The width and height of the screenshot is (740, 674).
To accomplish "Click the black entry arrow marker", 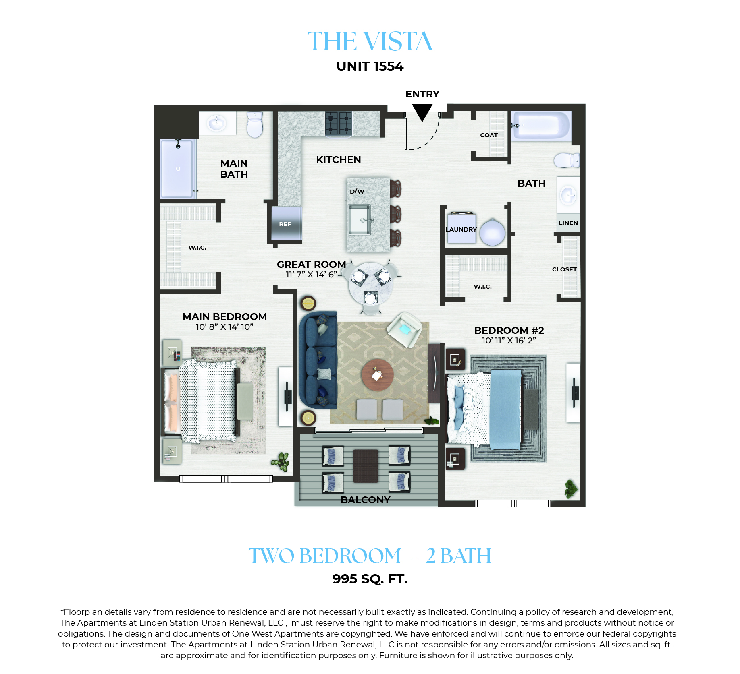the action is click(x=422, y=112).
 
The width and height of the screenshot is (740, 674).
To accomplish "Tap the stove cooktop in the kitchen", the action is click(x=339, y=123).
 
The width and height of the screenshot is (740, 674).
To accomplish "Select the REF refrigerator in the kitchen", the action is click(x=286, y=224).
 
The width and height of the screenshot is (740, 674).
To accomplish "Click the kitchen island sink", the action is click(x=360, y=220).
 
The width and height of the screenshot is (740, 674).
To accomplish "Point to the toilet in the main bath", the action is click(x=255, y=124).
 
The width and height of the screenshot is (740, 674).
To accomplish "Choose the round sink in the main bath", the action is click(x=217, y=122).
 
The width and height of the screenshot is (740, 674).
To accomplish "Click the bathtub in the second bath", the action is click(x=541, y=125).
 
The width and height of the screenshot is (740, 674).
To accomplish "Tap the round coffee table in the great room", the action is click(x=378, y=375).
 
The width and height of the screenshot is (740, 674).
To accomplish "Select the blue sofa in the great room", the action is click(x=318, y=360).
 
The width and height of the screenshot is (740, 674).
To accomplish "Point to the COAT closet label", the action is click(x=489, y=135).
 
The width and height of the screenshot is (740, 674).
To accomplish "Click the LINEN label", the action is click(x=568, y=223).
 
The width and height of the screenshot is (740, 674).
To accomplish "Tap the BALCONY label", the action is click(x=366, y=500).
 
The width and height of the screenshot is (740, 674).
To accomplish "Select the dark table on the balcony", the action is click(x=366, y=466).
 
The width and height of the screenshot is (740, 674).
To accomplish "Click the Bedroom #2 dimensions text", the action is click(x=509, y=341).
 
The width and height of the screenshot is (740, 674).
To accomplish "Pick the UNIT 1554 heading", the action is click(x=370, y=66).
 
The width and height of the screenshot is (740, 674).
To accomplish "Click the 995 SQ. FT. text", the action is click(x=370, y=579).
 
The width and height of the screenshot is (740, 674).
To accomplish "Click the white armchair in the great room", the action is click(x=405, y=330).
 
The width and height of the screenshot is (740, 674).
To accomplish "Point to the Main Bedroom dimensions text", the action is click(x=224, y=327).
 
